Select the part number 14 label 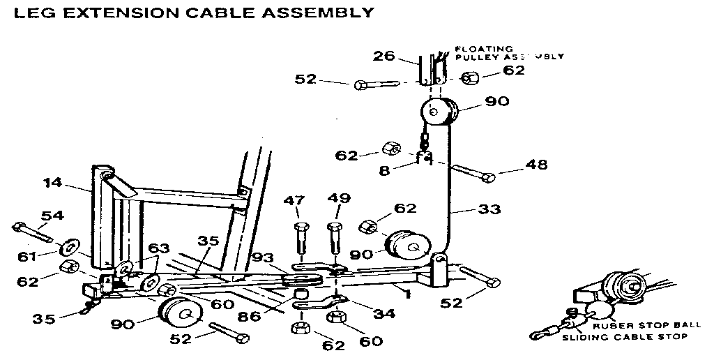(x=53, y=183)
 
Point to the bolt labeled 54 (x=31, y=231)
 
